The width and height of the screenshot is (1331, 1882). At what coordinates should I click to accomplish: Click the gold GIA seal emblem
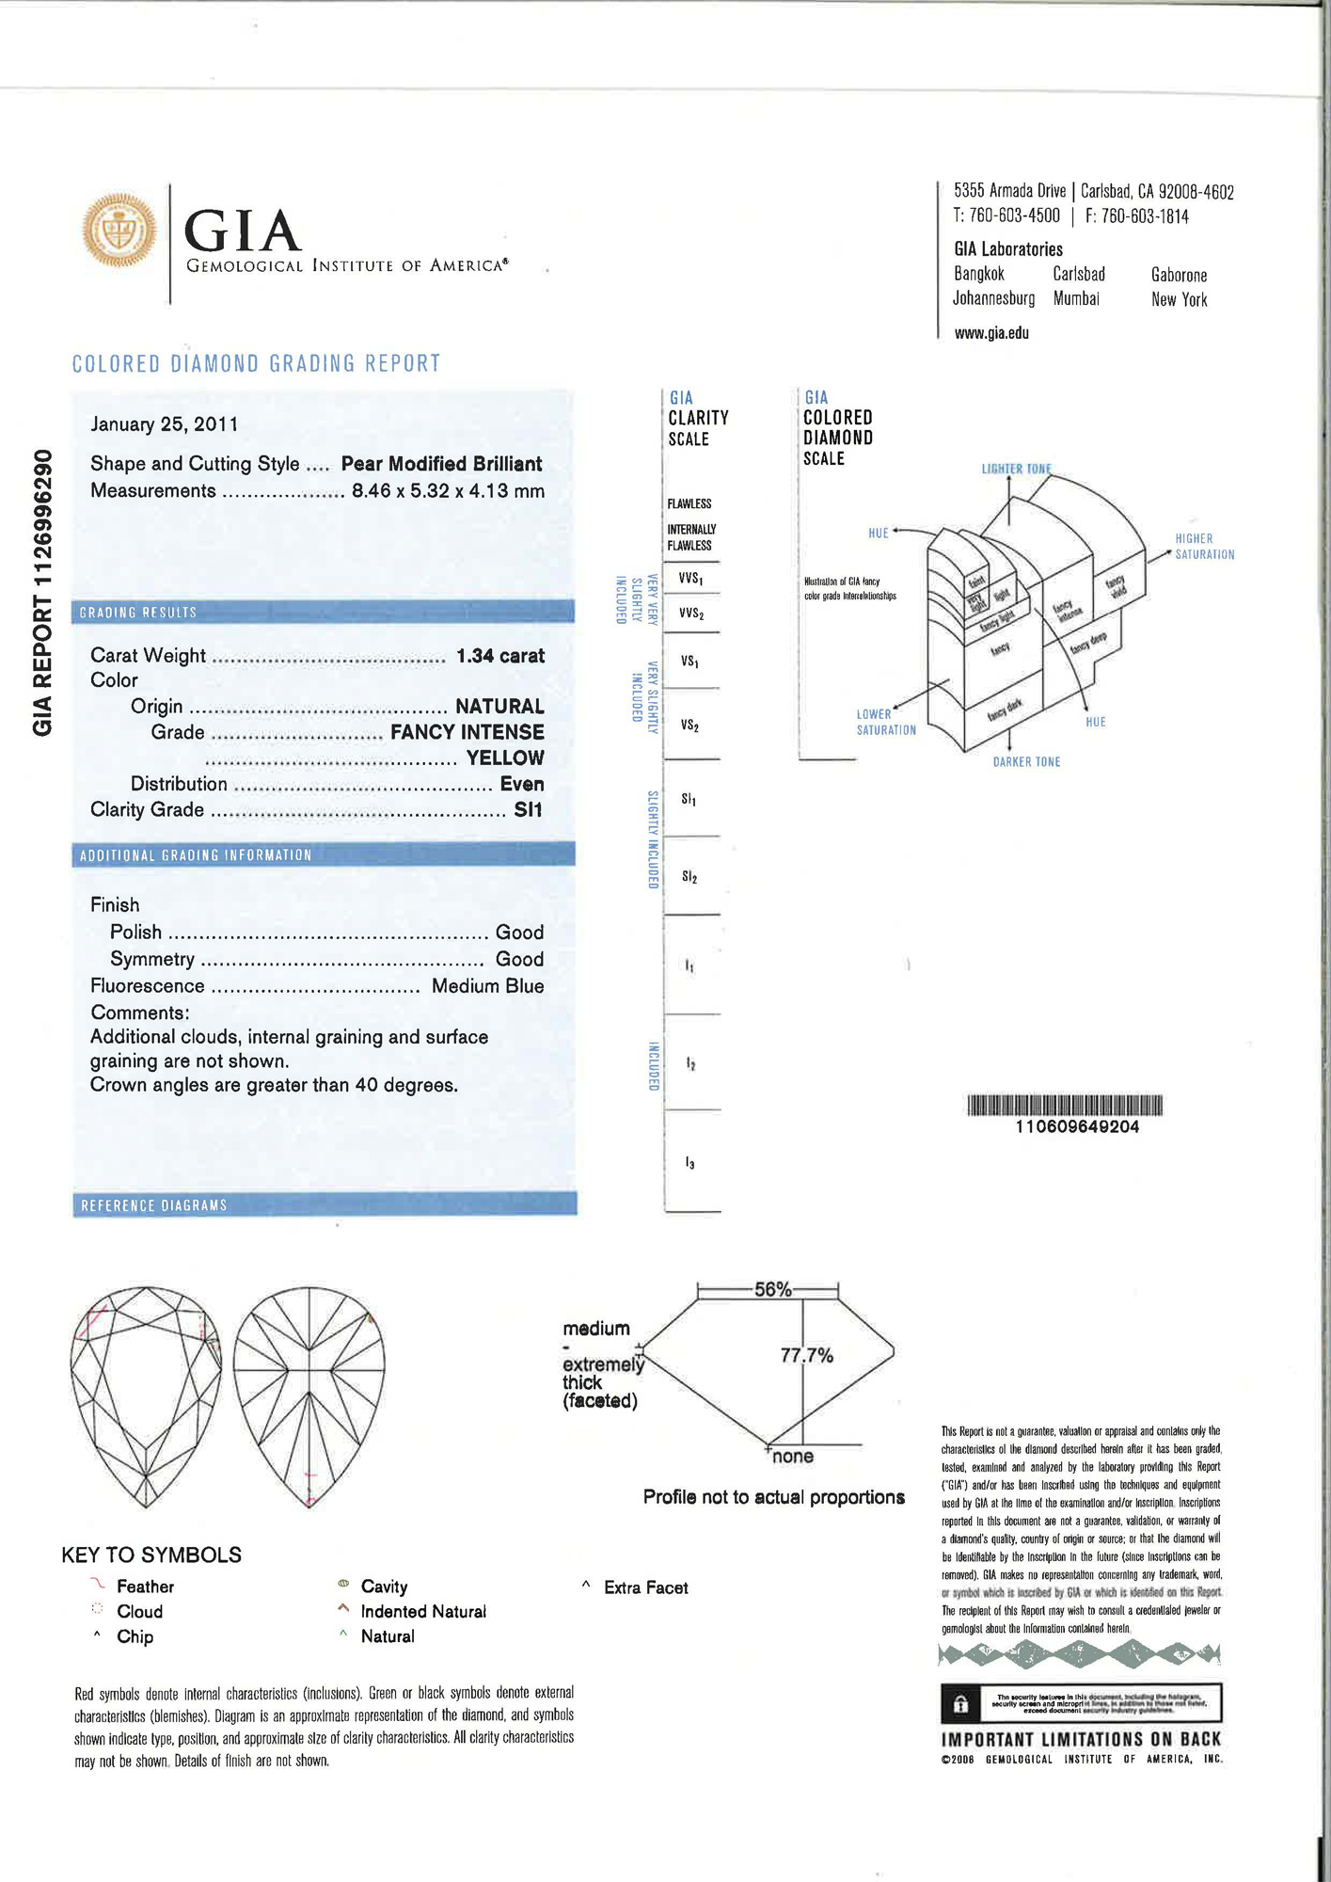[x=119, y=231]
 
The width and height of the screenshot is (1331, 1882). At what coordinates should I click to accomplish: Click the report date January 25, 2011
[x=164, y=424]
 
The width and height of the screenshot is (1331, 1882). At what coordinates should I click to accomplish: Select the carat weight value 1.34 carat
[x=499, y=656]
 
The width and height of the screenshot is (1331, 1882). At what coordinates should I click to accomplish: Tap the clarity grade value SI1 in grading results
[x=528, y=810]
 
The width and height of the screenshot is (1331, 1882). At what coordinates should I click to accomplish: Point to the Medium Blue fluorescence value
[x=487, y=986]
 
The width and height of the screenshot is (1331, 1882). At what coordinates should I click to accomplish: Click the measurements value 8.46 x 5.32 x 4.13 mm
[x=448, y=491]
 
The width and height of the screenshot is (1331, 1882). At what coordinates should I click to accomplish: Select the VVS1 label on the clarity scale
[x=691, y=578]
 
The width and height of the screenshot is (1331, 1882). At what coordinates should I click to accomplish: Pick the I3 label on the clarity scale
[x=690, y=1164]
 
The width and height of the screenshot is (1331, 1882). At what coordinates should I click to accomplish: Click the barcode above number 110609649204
[x=1065, y=1105]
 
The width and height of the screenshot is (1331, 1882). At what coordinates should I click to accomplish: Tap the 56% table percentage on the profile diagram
[x=772, y=1290]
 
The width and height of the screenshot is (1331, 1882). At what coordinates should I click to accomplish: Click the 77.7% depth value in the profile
[x=806, y=1355]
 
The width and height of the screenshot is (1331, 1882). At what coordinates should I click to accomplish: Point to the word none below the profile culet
[x=792, y=1457]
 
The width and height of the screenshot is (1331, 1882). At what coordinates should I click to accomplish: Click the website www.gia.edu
[x=991, y=333]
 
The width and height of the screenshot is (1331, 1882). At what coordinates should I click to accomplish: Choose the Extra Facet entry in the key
[x=645, y=1588]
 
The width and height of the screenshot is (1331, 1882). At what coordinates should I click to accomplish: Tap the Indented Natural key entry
[x=422, y=1612]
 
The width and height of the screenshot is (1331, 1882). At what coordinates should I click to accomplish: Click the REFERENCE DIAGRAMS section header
[x=154, y=1205]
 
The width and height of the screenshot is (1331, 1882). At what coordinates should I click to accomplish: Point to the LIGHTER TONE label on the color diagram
[x=1016, y=469]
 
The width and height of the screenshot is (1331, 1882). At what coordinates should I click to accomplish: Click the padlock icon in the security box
[x=960, y=1704]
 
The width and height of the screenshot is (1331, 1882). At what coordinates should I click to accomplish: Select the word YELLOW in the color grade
[x=505, y=758]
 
